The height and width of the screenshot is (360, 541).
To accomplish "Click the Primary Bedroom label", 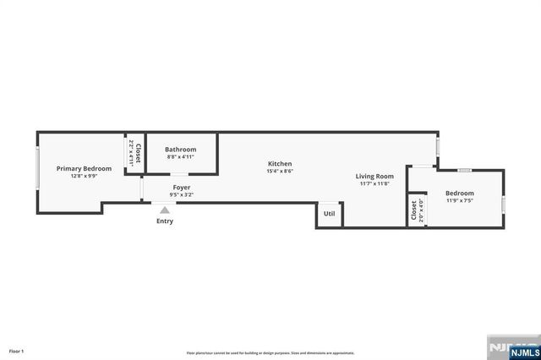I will pos(84,168).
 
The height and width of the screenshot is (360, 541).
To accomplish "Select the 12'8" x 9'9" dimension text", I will pos(84,176).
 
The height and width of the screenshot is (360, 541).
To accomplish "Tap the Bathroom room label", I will pos(180,150).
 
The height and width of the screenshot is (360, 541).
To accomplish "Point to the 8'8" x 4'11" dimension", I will pos(180,156).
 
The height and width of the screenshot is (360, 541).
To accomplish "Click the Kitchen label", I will pos(280,163).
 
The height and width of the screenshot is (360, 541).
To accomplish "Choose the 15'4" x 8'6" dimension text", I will pos(280,171).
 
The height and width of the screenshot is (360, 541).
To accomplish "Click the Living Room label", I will pos(374,176).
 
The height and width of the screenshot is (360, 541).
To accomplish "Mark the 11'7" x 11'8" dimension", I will pos(374,183).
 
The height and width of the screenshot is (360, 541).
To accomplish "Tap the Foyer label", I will pos(182,187).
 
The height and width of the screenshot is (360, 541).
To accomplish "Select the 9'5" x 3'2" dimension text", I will pos(182,194).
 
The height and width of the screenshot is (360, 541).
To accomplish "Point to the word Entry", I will pos(165,221).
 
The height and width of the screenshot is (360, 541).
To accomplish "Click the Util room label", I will pos(329,214).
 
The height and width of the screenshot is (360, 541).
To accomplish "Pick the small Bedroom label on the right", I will pos(460,194).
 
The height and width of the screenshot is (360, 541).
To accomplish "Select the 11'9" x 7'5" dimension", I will pos(460,201).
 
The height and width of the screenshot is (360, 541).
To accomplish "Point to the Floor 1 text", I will pos(17,351).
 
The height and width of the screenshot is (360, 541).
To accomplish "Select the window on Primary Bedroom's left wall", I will pos(37,172).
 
